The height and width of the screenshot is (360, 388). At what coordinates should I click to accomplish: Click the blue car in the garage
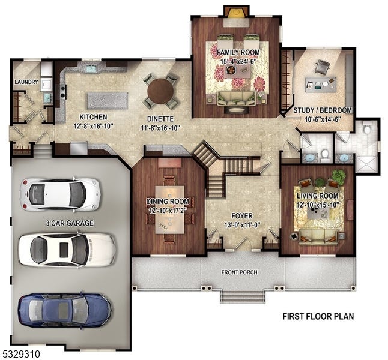64,310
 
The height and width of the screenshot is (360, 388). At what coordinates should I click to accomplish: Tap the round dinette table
160,91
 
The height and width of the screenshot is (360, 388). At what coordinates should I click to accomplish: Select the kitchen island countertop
108,101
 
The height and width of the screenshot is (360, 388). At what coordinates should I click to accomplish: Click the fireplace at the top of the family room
235,12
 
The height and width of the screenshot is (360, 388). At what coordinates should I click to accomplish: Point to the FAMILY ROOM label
238,52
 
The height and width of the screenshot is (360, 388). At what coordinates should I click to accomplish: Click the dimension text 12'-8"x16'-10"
93,127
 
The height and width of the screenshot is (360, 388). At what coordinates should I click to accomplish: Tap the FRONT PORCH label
239,272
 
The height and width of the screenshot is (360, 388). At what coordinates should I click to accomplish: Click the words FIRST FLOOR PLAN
318,316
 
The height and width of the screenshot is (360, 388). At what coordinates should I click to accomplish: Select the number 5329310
20,353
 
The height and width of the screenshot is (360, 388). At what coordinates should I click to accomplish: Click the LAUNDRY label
26,82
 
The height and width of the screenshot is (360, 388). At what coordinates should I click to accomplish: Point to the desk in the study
321,85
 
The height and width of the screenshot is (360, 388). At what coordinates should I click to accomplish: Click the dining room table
169,209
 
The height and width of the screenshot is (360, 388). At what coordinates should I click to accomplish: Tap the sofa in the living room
318,237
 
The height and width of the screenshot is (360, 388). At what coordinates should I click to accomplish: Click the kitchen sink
91,68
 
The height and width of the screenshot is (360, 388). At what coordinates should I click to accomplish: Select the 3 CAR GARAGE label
70,223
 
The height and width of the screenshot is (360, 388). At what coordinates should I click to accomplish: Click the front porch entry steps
243,297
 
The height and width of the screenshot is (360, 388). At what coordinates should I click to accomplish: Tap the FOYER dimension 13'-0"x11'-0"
243,225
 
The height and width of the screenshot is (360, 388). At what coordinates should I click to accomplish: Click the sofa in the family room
236,99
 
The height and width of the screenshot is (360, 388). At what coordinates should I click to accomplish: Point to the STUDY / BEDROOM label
323,110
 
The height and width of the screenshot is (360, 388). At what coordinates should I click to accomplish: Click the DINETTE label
160,119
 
